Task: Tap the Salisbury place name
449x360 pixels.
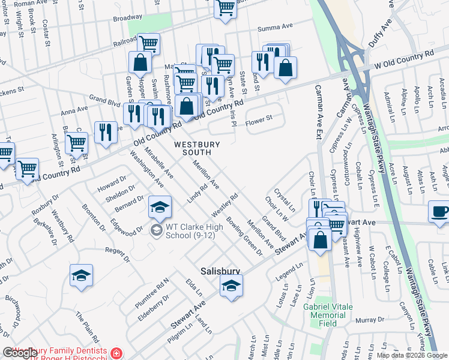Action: pos(220,271)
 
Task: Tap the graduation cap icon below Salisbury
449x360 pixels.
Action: pos(231,287)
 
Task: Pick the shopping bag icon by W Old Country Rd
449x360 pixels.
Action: pos(286,68)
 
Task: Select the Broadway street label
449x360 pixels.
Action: pos(127,17)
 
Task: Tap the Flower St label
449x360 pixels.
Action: pos(261,118)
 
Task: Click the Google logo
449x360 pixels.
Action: pos(20,353)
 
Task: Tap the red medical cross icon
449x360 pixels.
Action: pos(116,354)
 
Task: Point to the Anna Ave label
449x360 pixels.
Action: pos(74,110)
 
